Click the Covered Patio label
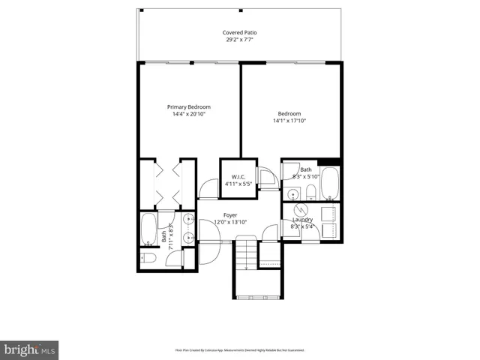click(239, 32)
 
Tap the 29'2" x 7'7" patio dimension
click(239, 40)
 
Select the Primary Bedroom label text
click(188, 107)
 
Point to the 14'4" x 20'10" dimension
click(188, 115)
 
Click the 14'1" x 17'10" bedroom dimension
click(289, 121)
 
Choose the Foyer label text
click(230, 215)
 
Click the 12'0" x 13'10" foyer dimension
click(230, 223)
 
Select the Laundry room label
click(302, 219)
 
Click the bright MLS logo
click(29, 349)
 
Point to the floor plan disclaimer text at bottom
click(239, 349)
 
